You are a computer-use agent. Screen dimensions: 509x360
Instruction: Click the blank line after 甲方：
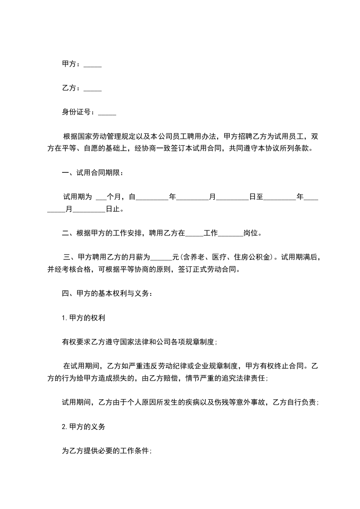coord(93,65)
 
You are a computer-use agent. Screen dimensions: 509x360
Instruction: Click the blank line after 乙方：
coord(93,89)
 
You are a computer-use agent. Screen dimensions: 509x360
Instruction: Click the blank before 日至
coord(233,198)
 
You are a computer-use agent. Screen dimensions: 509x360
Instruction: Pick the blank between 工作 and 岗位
coord(231,235)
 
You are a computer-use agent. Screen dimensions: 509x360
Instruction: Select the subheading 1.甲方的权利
coord(84,318)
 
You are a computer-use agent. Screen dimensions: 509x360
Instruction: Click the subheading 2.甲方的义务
coord(84,426)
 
